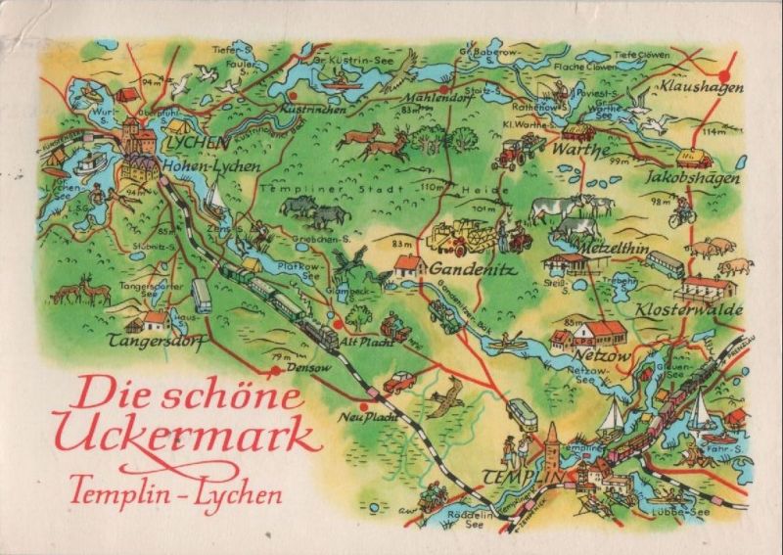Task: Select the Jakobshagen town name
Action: [x=693, y=179]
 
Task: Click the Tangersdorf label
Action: [x=162, y=342]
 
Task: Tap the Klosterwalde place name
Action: [x=703, y=309]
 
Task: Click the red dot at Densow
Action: [x=276, y=371]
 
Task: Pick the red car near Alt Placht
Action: [x=398, y=382]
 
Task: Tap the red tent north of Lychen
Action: [x=127, y=95]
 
